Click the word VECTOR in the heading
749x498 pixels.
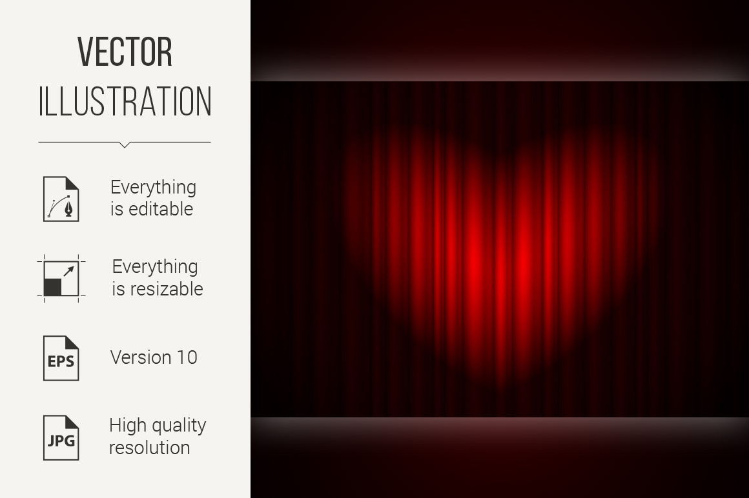pos(125,52)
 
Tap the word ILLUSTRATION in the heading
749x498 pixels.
pos(125,101)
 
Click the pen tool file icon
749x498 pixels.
pos(61,199)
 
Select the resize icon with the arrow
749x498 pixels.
pos(61,279)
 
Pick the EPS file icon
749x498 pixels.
pos(61,358)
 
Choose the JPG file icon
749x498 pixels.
pos(61,438)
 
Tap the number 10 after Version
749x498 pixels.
pos(187,357)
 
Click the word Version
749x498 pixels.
pos(141,357)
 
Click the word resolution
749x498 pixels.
pos(150,448)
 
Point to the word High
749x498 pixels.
pos(127,425)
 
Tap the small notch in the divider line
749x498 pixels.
pos(125,145)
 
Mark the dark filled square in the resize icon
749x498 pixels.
pos(52,287)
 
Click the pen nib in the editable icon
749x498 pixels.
pos(69,209)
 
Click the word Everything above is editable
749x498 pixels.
pos(153,188)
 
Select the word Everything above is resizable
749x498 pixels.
pos(155,266)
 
